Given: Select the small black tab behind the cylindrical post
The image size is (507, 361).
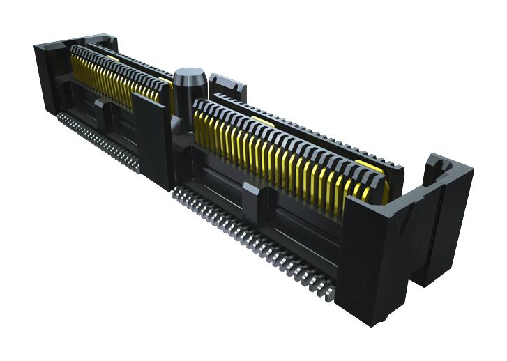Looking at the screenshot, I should (227, 84).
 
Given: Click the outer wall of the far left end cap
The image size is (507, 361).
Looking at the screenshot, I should (44, 77).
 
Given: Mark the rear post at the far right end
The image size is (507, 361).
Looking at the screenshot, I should (446, 209).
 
